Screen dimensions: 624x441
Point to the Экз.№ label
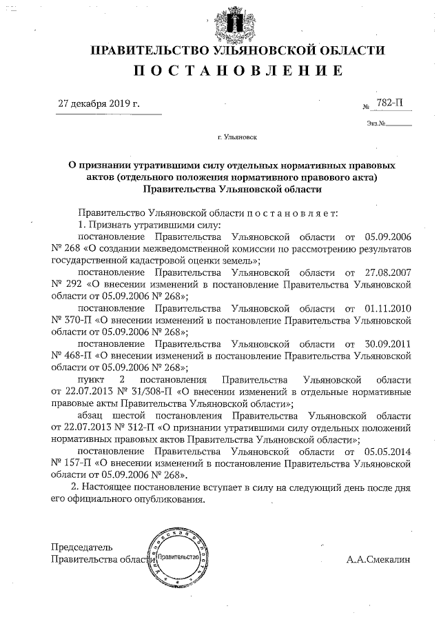(x=375, y=124)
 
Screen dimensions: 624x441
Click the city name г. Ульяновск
(x=237, y=138)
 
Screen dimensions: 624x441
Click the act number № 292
(x=67, y=284)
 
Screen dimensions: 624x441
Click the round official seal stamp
(x=178, y=556)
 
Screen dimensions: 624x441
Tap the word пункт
(x=93, y=380)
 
